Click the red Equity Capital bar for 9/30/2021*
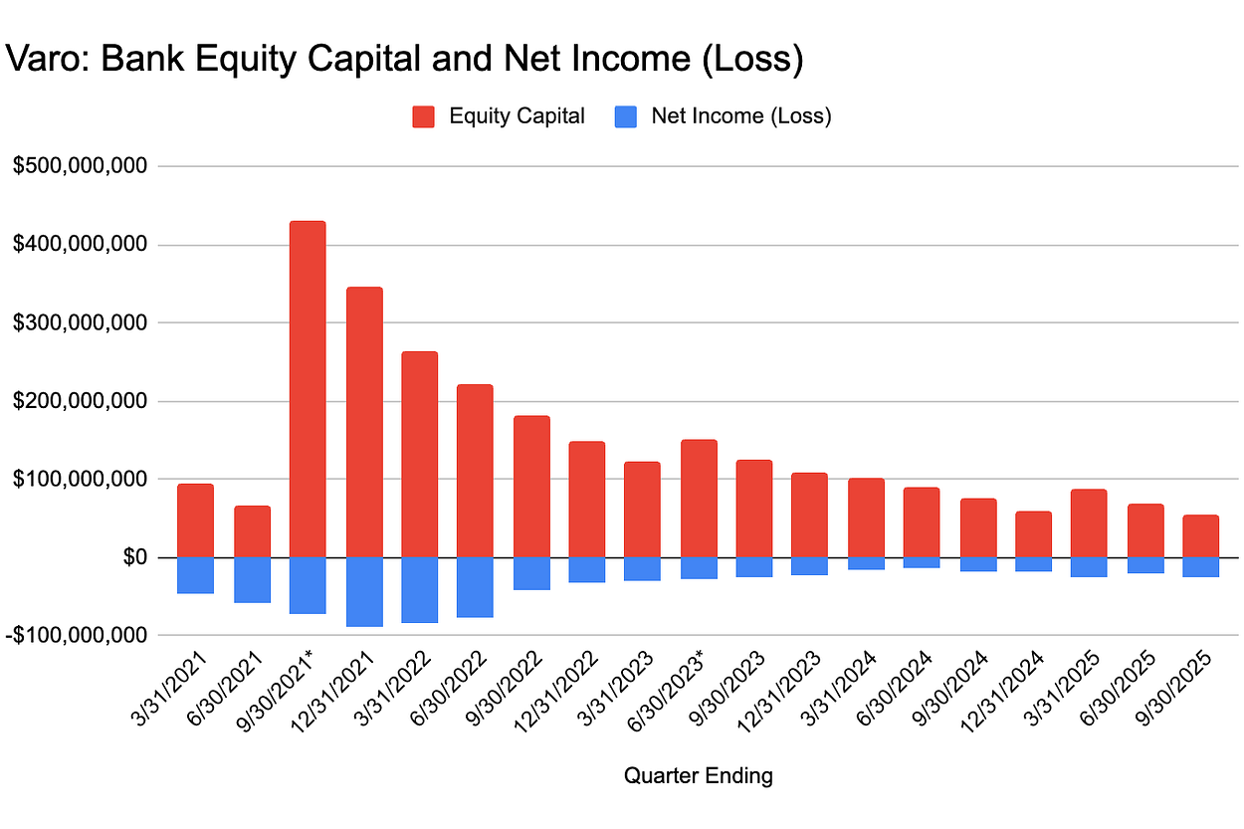[x=308, y=388]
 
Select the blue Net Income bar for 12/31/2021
[x=364, y=591]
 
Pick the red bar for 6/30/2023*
[x=699, y=499]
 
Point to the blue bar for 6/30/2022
[x=475, y=587]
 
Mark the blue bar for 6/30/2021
[x=252, y=579]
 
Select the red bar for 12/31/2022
[x=587, y=500]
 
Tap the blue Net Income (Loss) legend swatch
[x=626, y=116]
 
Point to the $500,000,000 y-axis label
[x=81, y=166]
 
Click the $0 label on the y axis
[x=134, y=557]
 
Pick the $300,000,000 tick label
[x=81, y=322]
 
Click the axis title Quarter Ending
[x=698, y=776]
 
